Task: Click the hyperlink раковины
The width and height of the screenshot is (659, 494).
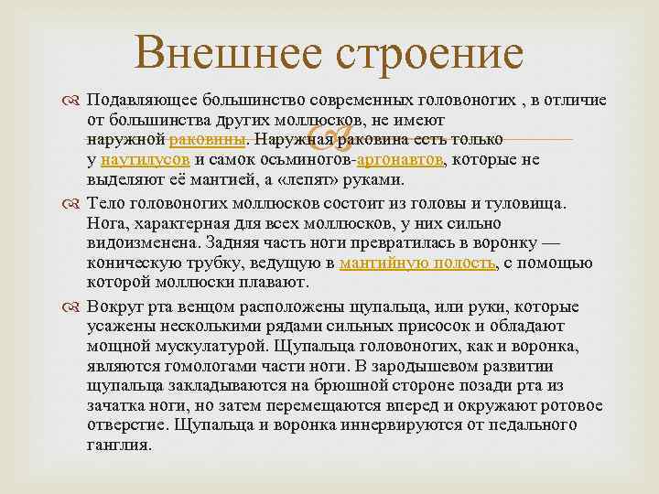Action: point(208,140)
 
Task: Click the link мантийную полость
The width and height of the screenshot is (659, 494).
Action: point(418,263)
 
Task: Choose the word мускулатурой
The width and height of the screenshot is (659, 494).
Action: point(215,346)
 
